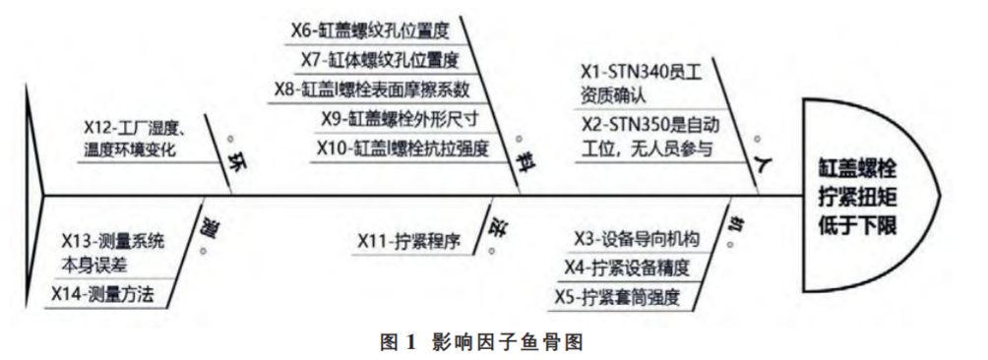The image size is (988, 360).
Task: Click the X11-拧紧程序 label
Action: click(x=409, y=239)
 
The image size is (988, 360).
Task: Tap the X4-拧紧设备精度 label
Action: click(x=626, y=268)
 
